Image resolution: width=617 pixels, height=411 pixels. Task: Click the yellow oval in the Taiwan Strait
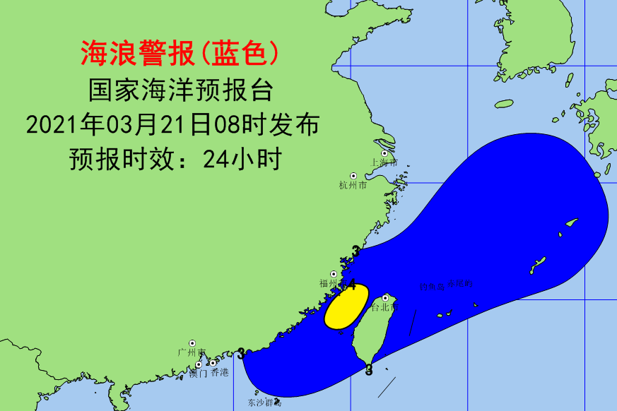click(x=346, y=306)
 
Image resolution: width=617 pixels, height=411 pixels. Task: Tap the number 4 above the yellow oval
click(x=351, y=285)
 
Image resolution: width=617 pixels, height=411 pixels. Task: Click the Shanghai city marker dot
click(x=385, y=153)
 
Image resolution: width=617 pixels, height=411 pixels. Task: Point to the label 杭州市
click(x=353, y=186)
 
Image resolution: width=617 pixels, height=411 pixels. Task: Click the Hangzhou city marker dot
click(x=353, y=176)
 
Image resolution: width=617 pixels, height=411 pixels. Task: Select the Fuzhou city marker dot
click(x=334, y=275)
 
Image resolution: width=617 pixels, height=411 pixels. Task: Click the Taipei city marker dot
click(x=385, y=299)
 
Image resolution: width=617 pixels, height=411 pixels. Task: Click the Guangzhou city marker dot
click(x=192, y=342)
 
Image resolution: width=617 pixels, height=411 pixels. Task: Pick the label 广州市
click(x=192, y=352)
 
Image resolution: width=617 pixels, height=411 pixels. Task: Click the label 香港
click(x=220, y=371)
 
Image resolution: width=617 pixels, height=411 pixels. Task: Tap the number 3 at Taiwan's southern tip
click(x=369, y=370)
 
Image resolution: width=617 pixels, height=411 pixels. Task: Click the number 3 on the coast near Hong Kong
click(x=242, y=353)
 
